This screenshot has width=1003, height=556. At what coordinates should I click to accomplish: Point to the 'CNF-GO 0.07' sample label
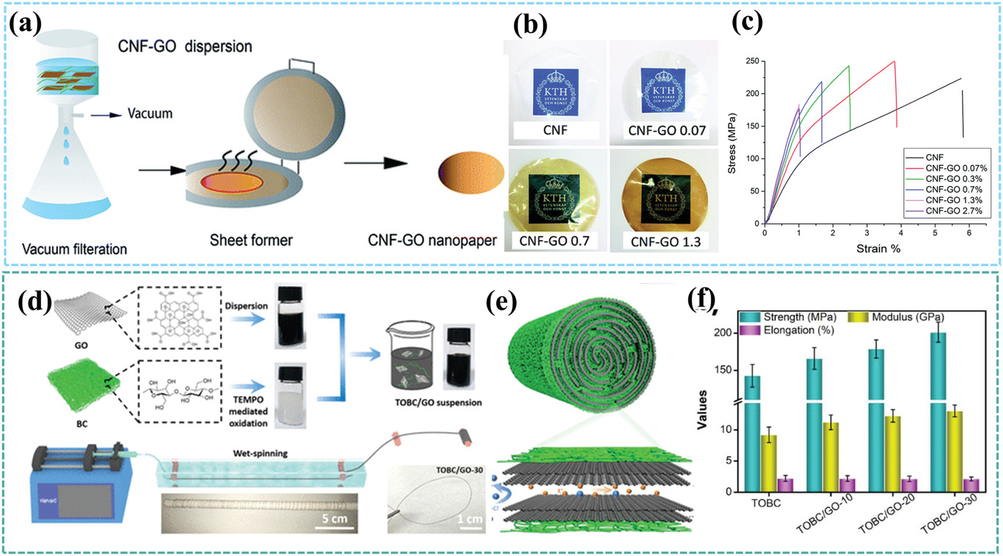[x=661, y=133]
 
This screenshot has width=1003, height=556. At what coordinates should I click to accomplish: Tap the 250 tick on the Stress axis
[x=751, y=62]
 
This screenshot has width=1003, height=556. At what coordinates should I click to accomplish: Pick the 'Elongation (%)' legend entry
[x=779, y=330]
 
